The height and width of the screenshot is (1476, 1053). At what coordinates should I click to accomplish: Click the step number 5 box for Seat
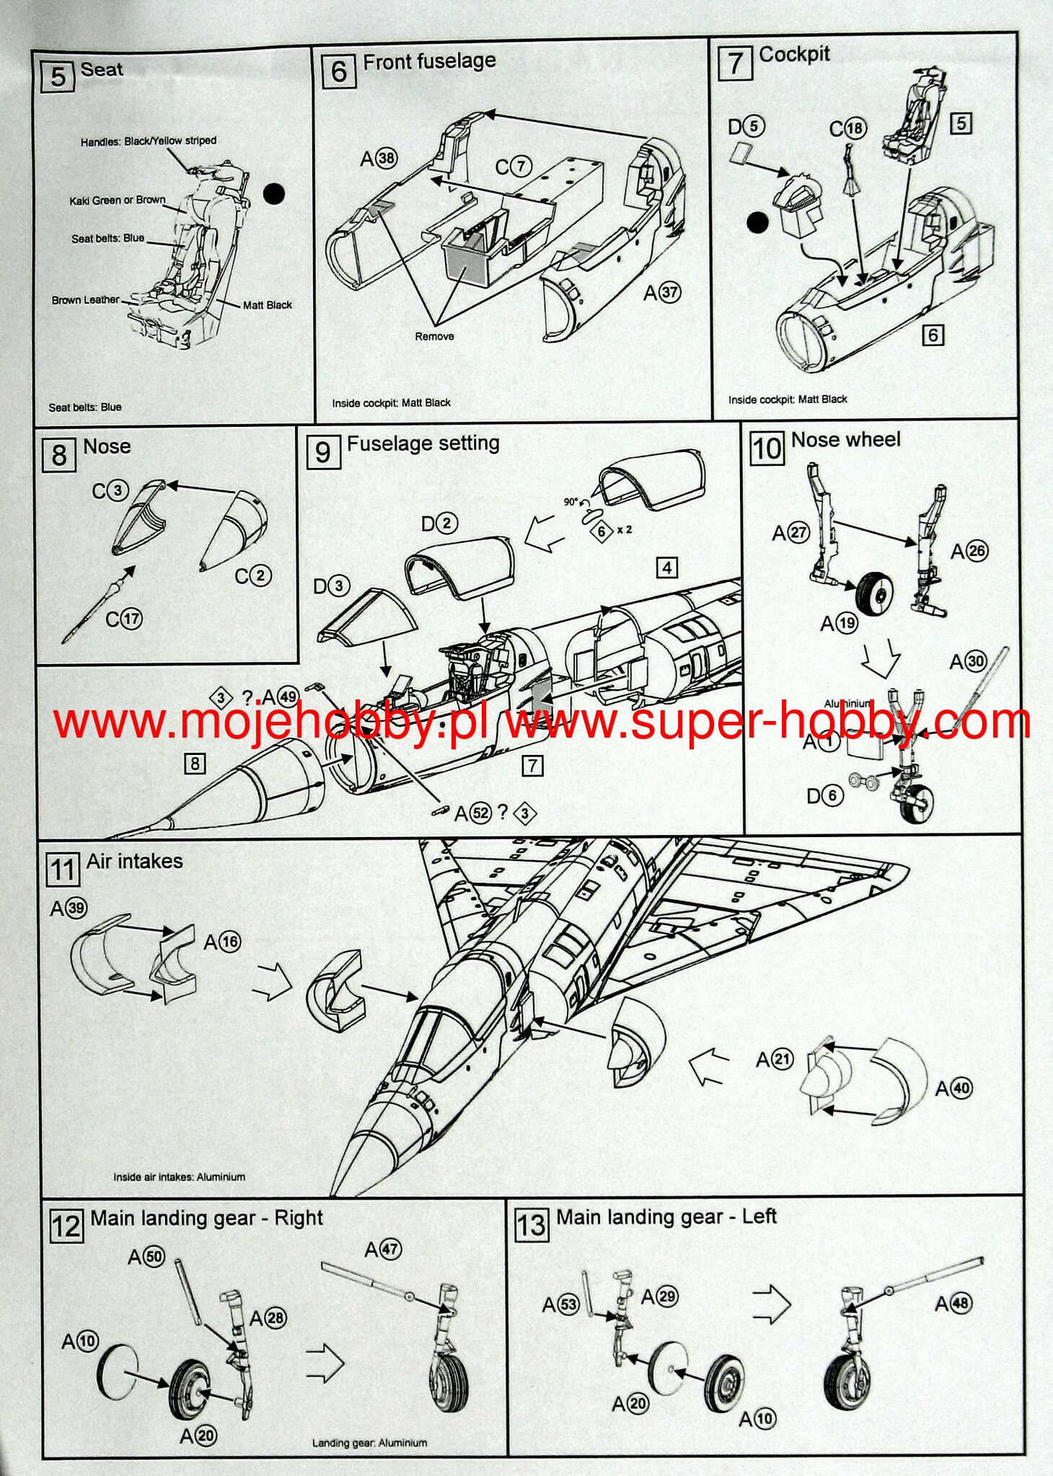[58, 76]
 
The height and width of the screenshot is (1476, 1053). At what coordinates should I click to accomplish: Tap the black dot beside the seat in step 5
[274, 193]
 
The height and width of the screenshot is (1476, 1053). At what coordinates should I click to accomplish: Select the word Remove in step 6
[434, 336]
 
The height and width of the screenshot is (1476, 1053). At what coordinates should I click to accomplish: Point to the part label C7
[514, 167]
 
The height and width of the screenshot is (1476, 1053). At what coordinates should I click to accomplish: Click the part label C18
[847, 128]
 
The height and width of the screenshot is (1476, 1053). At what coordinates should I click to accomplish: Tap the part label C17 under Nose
[124, 619]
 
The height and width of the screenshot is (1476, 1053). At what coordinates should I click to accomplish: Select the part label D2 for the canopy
[439, 523]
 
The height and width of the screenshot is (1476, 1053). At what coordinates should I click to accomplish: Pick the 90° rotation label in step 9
[572, 501]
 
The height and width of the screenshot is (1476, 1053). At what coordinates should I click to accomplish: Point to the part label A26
[969, 552]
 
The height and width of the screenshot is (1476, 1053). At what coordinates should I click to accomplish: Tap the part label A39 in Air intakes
[69, 909]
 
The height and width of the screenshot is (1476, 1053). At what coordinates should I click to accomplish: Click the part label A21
[775, 1059]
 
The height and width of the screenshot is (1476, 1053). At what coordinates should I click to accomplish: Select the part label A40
[953, 1088]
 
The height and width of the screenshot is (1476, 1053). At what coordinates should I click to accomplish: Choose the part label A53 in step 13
[560, 1304]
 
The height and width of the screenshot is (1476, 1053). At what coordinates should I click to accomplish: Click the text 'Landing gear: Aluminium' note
[369, 1443]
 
